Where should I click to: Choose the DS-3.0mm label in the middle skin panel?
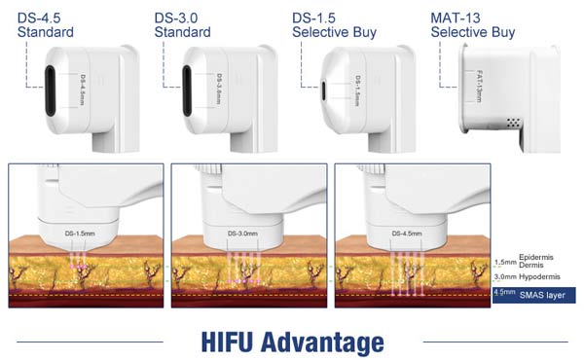[241, 234]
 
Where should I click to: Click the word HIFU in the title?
[235, 342]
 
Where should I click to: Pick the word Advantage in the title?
[326, 342]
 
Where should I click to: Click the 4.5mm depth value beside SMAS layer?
[505, 292]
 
